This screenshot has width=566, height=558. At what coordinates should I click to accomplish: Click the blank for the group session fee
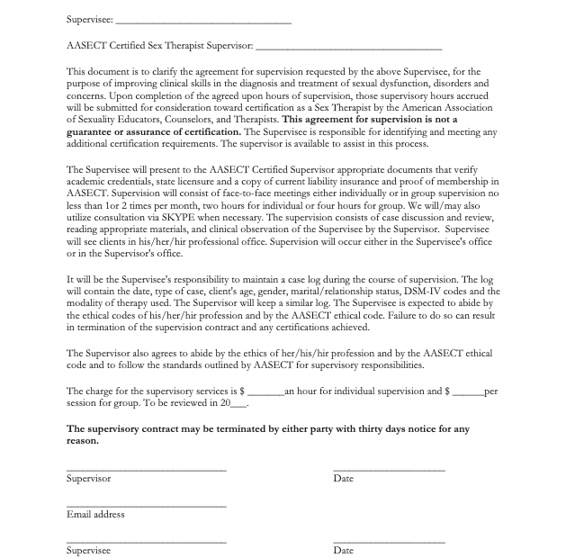[x=468, y=391]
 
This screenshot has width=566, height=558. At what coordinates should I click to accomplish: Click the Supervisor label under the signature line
[x=89, y=479]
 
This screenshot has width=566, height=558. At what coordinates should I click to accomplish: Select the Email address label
[x=95, y=515]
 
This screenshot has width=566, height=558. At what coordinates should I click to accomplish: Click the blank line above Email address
[x=146, y=506]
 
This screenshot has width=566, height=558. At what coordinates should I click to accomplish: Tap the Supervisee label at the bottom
[x=88, y=550]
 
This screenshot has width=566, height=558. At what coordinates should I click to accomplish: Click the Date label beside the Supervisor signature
[x=343, y=479]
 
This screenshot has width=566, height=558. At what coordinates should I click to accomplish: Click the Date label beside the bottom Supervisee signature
[x=343, y=550]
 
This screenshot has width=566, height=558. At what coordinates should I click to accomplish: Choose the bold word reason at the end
[x=83, y=442]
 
